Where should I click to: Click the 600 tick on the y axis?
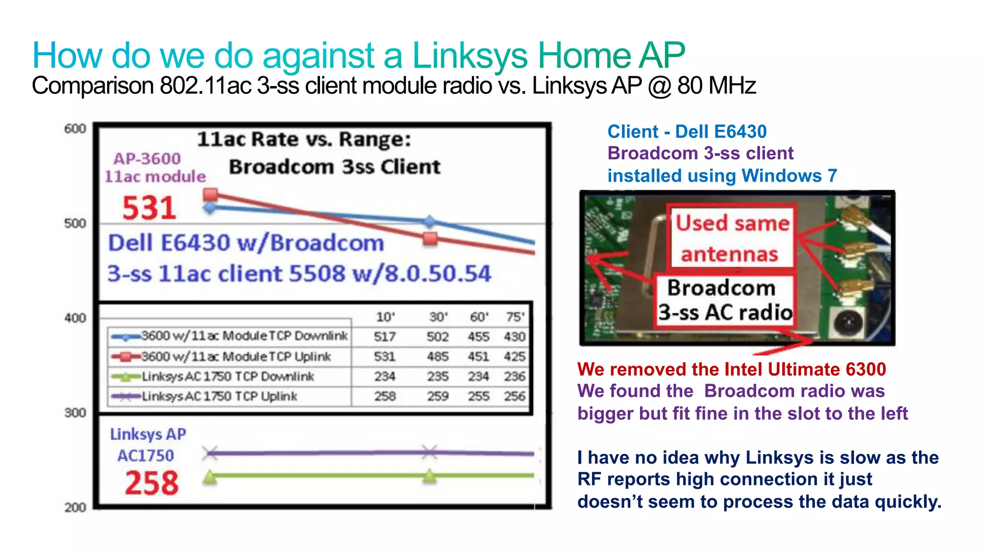click(x=75, y=129)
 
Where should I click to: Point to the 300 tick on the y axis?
click(x=75, y=413)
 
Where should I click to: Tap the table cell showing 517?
click(x=385, y=336)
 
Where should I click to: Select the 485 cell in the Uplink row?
click(x=438, y=357)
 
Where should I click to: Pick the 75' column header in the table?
click(x=515, y=317)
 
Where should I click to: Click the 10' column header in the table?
click(x=385, y=317)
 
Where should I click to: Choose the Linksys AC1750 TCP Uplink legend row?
click(x=219, y=396)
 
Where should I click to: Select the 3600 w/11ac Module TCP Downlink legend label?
click(x=244, y=336)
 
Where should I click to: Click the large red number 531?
click(x=149, y=208)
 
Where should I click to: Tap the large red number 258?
click(x=151, y=483)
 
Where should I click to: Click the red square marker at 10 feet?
click(x=210, y=195)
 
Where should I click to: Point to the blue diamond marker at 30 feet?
click(x=430, y=222)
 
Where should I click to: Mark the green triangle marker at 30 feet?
click(x=430, y=476)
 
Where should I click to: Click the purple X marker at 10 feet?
click(x=210, y=453)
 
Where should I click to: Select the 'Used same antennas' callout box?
click(x=731, y=237)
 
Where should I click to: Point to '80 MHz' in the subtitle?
click(x=716, y=86)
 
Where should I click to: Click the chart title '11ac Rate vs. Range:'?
click(x=304, y=139)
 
